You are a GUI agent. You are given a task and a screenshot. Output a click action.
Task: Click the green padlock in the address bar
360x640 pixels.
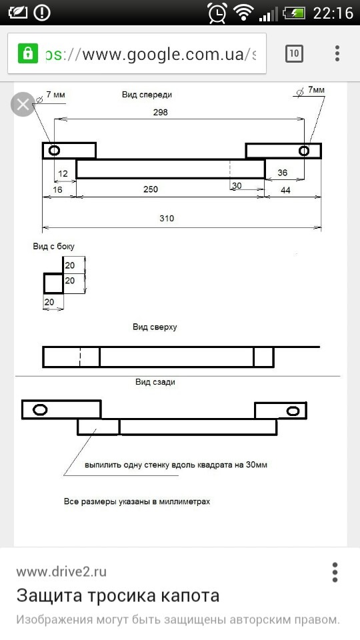28,53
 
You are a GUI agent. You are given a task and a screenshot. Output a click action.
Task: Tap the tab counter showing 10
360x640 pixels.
294,53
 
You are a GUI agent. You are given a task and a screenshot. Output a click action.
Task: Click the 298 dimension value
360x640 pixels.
161,112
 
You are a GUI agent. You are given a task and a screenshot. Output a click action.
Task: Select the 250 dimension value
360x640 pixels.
151,189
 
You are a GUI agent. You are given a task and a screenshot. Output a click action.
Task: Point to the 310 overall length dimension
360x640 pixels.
167,219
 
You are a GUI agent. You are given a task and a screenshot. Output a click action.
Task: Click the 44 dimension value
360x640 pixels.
286,190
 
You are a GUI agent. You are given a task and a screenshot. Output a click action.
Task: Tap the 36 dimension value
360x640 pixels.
283,173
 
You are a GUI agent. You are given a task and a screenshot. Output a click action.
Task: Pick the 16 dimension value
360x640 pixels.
57,190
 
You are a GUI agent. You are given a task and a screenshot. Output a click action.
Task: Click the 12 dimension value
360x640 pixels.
63,174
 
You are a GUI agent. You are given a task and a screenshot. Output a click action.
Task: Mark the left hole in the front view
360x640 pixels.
54,151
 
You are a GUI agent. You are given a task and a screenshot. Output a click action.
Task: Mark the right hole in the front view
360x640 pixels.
304,151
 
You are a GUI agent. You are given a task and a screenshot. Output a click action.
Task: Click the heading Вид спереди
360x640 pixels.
147,95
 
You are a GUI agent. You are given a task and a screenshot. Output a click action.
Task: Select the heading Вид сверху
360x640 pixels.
155,327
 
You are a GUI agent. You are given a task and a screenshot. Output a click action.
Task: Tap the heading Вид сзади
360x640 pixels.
155,382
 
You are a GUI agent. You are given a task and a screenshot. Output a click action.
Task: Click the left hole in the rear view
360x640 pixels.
39,410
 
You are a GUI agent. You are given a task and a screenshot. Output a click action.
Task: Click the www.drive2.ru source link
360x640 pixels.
61,572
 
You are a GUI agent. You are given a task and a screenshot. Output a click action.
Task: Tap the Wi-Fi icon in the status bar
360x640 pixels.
244,13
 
